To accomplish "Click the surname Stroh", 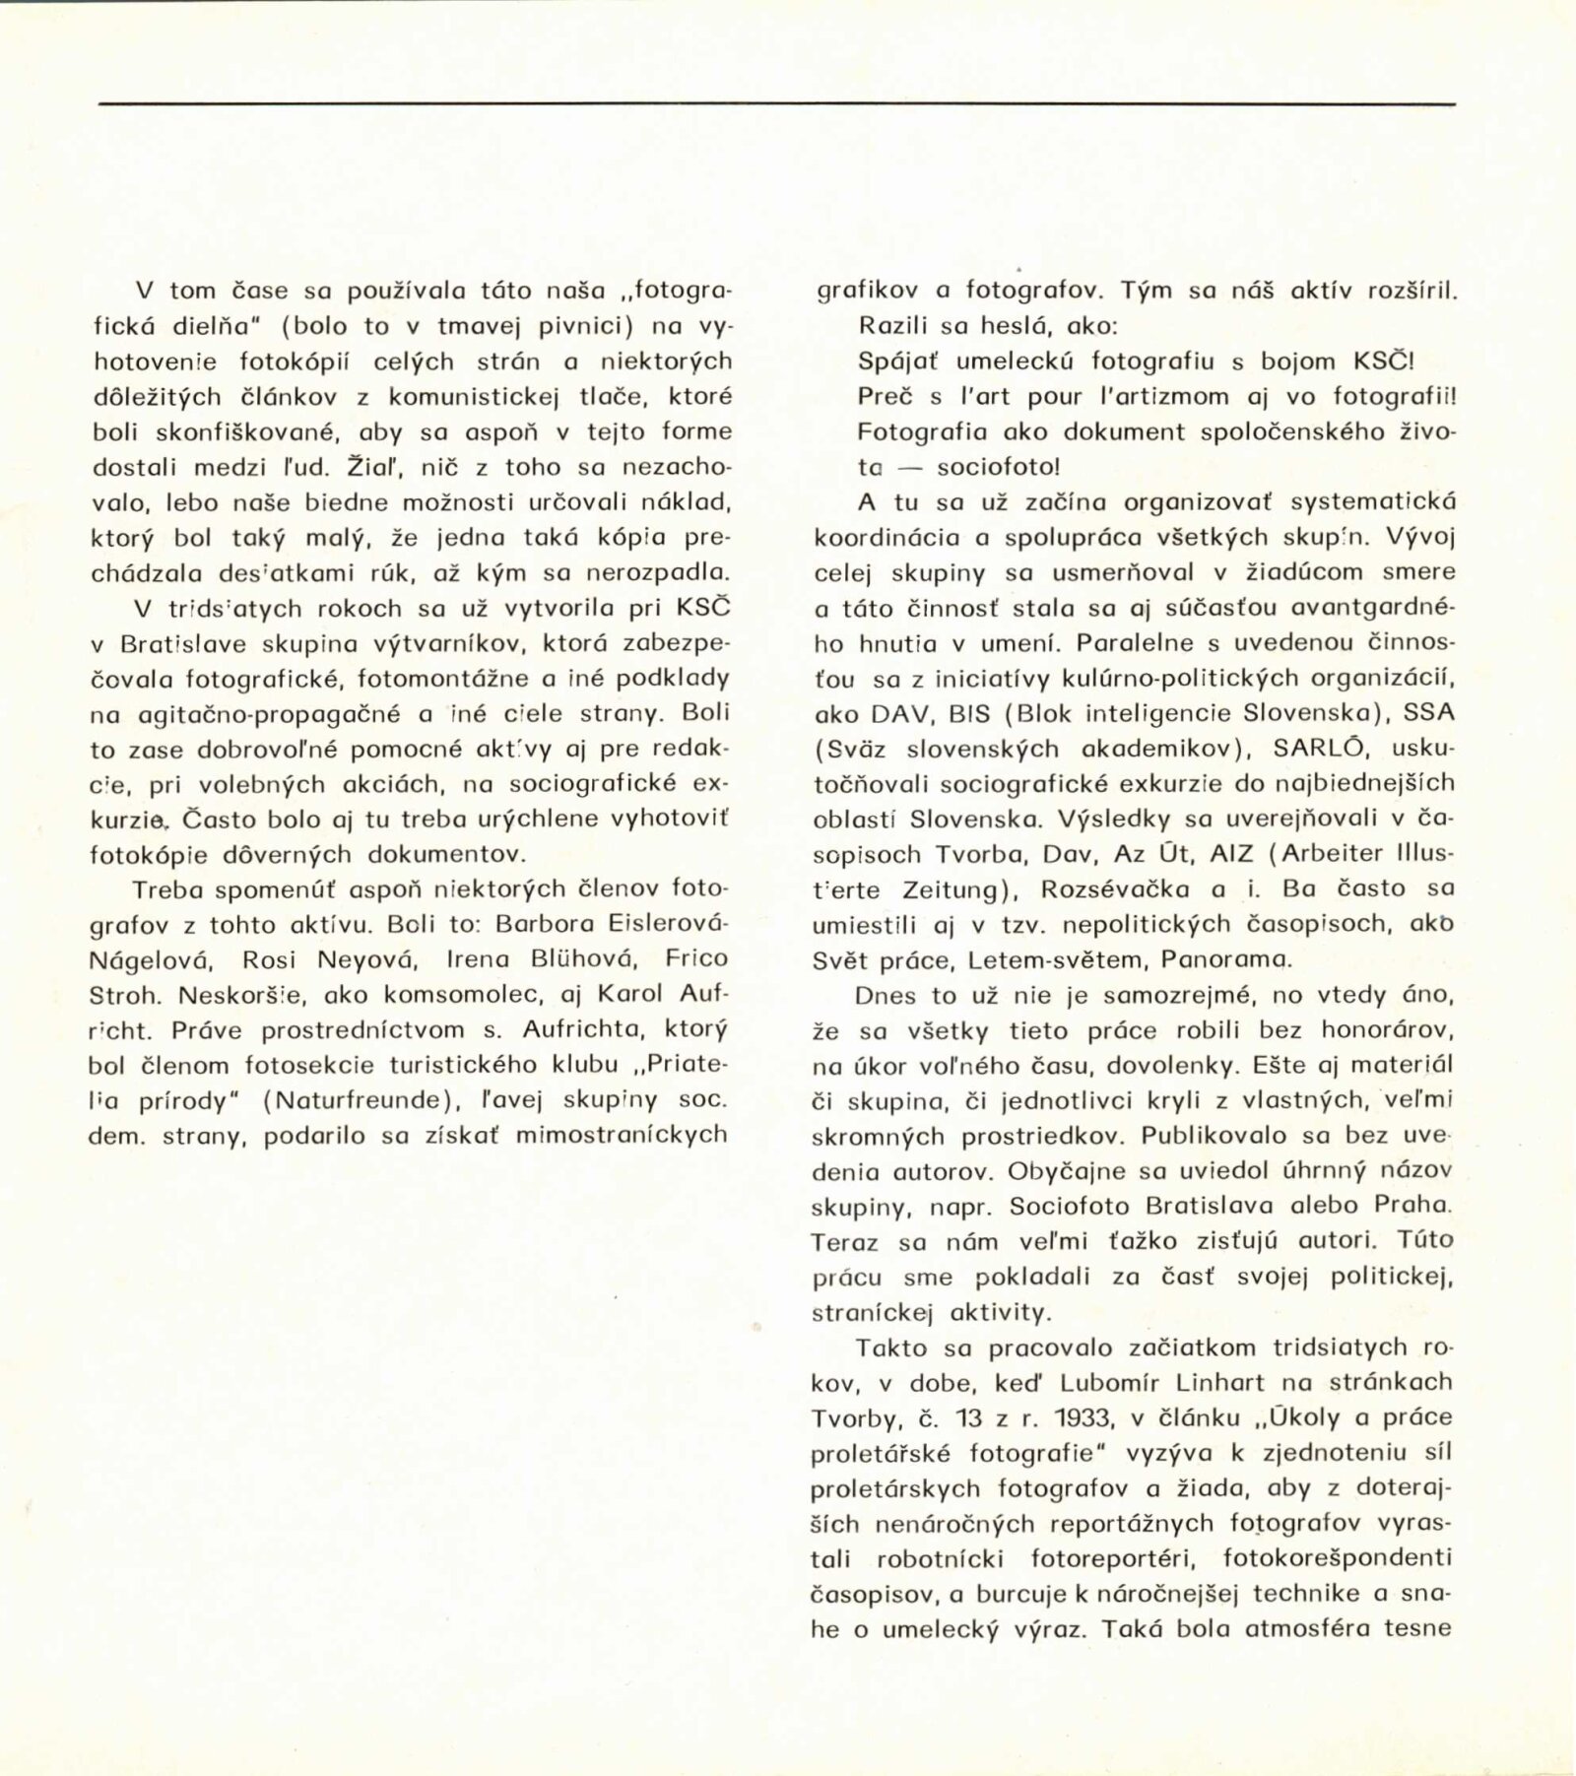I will (x=125, y=994).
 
